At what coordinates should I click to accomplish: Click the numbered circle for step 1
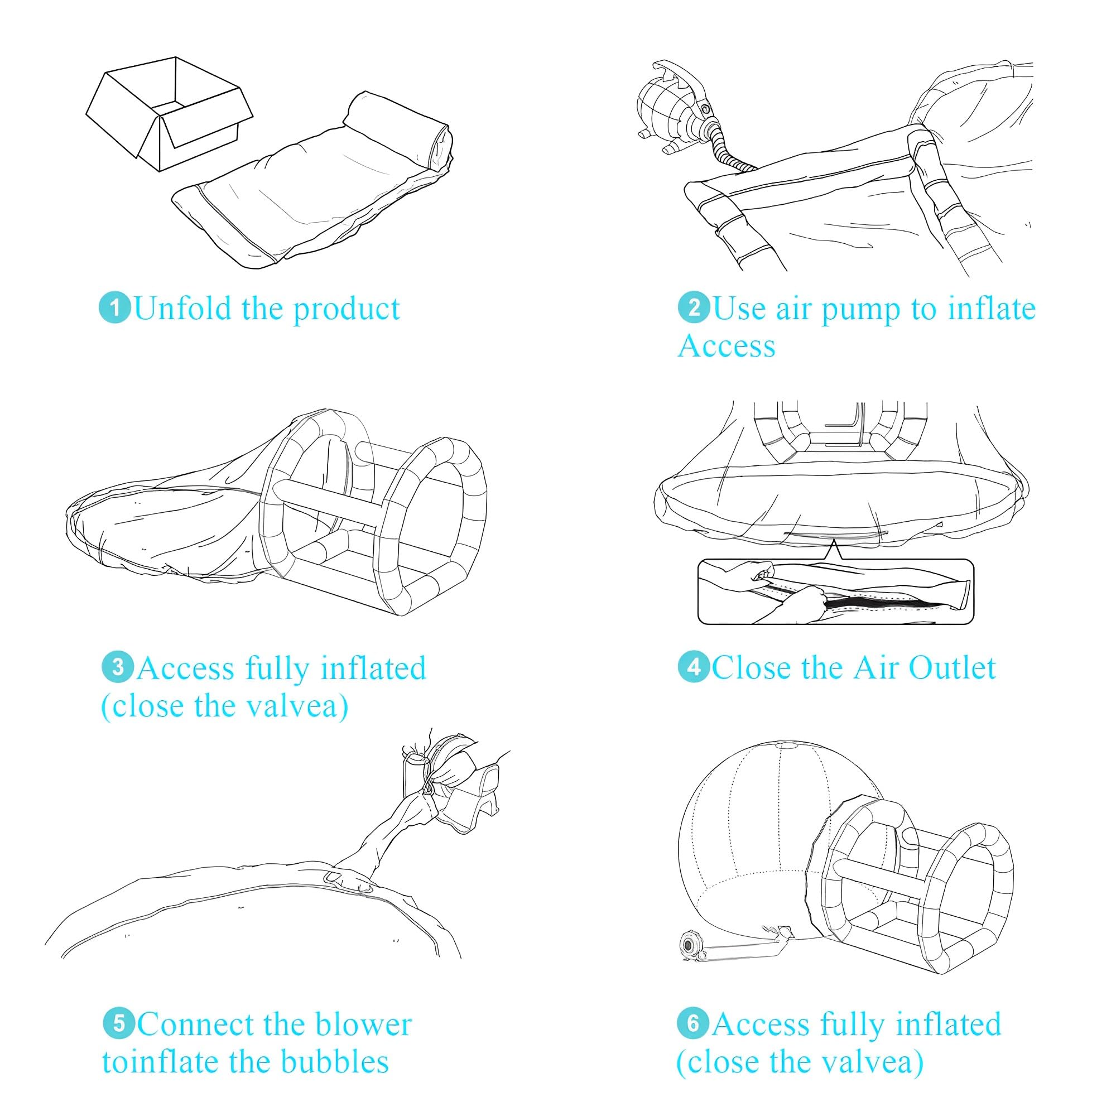115,308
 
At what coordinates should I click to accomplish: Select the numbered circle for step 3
118,668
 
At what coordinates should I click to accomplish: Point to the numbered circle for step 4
694,668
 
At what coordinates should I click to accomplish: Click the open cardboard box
169,113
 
